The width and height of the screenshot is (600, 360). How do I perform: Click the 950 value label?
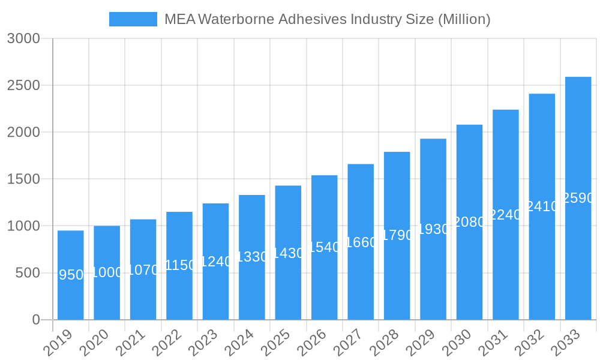71,275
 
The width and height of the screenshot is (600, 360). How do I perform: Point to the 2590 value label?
578,198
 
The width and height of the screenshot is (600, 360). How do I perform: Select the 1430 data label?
288,253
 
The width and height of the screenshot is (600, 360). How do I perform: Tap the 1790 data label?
397,235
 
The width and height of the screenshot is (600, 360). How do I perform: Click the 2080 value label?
469,222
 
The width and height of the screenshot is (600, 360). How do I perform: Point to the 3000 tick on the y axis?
23,38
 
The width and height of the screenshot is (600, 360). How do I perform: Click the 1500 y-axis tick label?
23,179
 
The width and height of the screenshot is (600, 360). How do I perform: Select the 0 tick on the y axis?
36,320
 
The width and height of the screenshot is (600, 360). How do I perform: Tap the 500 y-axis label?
27,273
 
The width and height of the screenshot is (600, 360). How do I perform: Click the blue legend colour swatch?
133,19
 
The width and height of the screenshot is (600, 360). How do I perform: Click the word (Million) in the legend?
464,19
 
